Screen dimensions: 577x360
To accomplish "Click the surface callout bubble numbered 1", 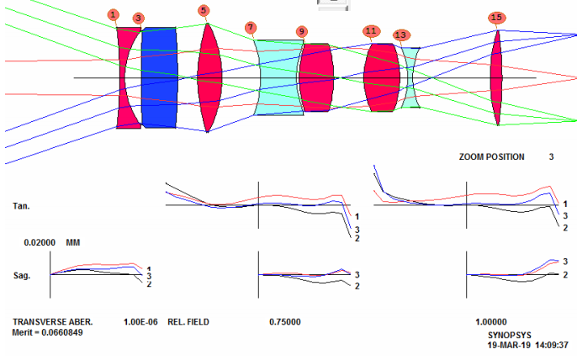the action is (x=113, y=15).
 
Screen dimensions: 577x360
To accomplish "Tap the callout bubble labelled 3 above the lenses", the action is (x=138, y=18).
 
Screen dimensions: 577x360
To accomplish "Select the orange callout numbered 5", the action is (x=204, y=11).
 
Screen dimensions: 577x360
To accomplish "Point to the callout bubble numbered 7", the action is (x=251, y=27).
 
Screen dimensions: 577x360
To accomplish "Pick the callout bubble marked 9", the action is (x=302, y=32).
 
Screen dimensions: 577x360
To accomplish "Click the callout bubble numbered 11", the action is (x=371, y=31).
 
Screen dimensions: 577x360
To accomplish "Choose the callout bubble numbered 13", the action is (x=400, y=35).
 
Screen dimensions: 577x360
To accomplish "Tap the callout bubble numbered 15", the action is (x=496, y=18).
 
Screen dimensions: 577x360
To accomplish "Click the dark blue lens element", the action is (x=159, y=77).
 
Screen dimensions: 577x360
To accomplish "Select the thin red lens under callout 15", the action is (x=497, y=77).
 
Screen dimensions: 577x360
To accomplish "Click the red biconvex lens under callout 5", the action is (x=209, y=77).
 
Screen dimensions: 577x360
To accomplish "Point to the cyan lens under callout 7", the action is (x=279, y=77).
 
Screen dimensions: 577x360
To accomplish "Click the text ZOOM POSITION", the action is (x=491, y=156).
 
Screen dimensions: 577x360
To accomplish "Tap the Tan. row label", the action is (x=21, y=206).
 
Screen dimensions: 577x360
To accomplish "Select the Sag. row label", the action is (x=21, y=275).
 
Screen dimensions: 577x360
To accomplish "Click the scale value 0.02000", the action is (x=40, y=242).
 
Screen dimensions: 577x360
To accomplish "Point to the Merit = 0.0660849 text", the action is (x=47, y=332).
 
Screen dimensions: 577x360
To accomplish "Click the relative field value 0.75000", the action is (x=285, y=322).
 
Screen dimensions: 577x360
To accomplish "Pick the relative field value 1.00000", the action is (x=491, y=322).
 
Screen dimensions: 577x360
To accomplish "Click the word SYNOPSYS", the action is (x=510, y=336).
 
